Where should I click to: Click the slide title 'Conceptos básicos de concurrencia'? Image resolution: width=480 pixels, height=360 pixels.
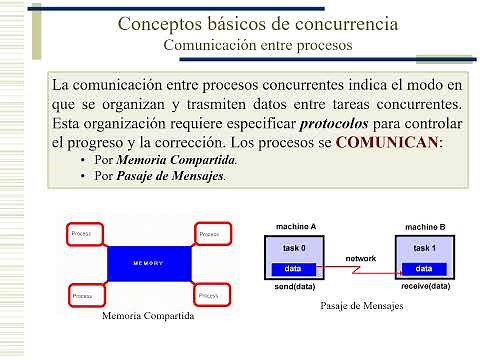(x=258, y=24)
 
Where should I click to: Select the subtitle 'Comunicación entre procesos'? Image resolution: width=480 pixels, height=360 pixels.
(x=257, y=44)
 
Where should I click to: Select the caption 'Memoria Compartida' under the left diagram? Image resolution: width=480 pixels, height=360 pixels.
(x=148, y=316)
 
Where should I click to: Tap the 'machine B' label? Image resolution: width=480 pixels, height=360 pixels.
(x=424, y=226)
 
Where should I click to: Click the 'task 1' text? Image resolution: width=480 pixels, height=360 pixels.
(x=424, y=248)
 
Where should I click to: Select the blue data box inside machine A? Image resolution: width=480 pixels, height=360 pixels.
(x=293, y=268)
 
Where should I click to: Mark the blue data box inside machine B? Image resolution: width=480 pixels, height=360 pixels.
(x=424, y=268)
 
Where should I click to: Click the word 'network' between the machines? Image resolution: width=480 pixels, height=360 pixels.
(x=360, y=258)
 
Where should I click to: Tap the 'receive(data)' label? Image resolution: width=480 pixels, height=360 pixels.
(x=425, y=287)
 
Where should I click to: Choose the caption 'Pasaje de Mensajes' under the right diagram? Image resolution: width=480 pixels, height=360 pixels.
(x=361, y=305)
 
